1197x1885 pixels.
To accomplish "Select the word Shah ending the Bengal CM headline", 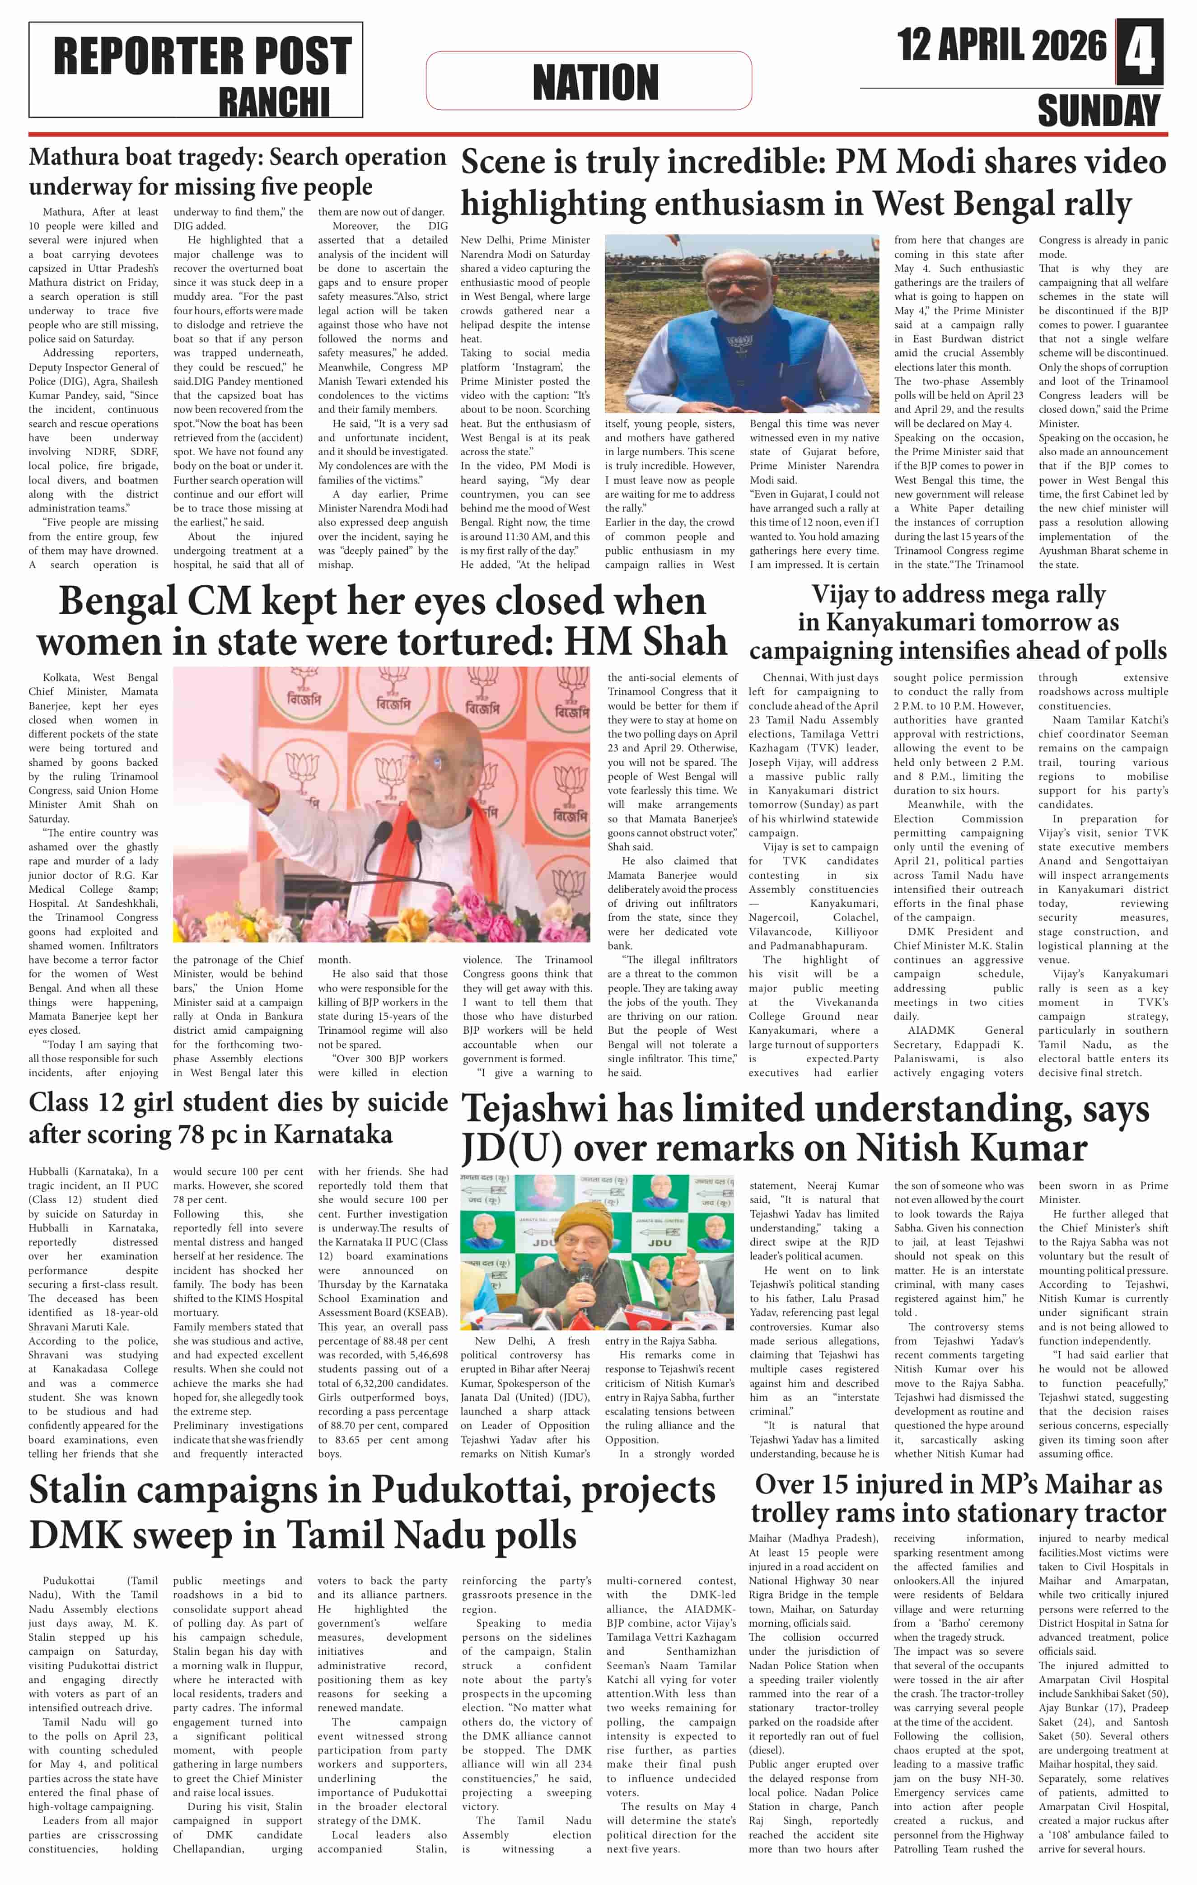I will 684,641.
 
